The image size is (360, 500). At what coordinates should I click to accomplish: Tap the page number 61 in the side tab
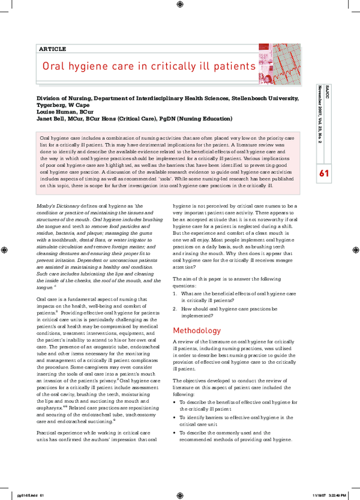coord(325,173)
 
